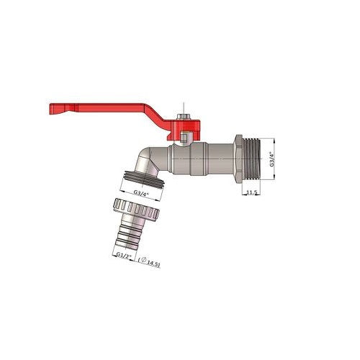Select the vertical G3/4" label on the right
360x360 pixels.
(x=271, y=159)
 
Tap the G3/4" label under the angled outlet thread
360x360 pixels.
(x=141, y=193)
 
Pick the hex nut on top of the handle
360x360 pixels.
(x=183, y=117)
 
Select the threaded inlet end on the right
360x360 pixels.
(x=251, y=159)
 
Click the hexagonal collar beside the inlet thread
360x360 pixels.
(x=238, y=159)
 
